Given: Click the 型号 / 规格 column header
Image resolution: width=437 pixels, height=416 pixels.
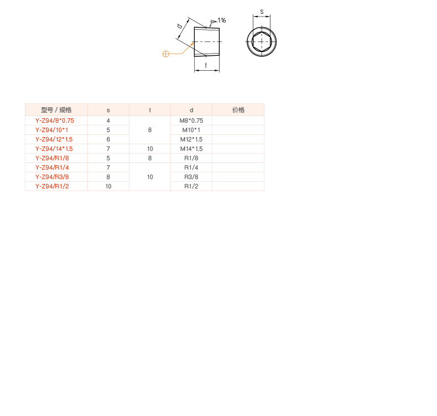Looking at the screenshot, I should pos(56,110).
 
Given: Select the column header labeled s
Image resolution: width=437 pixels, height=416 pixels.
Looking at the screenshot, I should pos(108,110).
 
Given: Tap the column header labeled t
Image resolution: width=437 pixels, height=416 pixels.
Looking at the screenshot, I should pos(149,110).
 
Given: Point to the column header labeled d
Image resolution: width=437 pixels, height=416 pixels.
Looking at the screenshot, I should pos(191,110).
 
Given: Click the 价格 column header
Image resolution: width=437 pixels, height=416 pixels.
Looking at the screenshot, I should pos(238,110).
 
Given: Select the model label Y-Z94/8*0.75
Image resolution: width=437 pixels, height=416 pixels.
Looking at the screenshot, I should pos(54,120).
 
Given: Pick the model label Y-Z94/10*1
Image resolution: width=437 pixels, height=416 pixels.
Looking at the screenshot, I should pos(51,130).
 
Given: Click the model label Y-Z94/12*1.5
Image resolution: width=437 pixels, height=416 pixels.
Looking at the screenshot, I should pos(54,139).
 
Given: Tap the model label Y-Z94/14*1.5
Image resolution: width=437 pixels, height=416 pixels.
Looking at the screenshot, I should pos(54,149).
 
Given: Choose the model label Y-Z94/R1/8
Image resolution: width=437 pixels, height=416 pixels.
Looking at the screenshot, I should pos(52,158).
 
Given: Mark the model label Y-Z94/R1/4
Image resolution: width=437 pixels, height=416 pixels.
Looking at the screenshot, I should pos(52,167).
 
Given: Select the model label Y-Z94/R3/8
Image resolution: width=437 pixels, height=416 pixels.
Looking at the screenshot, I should pos(52,177).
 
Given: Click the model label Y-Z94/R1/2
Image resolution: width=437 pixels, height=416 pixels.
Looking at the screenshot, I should pos(52,186).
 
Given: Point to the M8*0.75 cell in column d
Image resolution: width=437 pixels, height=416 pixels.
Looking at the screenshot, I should pos(191,120).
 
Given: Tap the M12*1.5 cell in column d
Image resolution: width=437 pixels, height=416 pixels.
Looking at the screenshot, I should pos(191,139).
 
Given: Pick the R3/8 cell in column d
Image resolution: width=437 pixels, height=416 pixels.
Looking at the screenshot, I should pos(191,177).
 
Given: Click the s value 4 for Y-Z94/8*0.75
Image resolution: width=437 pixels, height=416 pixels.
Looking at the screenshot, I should pos(108,120).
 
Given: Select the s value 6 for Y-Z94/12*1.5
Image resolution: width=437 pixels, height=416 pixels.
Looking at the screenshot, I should pos(108,139).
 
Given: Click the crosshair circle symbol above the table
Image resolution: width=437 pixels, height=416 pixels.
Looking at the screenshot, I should pos(165,54).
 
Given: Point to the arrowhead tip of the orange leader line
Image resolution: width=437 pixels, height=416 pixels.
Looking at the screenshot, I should pos(193,43).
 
